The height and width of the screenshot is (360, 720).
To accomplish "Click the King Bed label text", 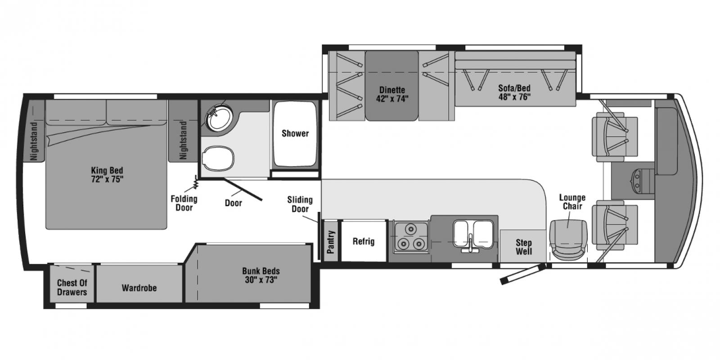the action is point(107,175).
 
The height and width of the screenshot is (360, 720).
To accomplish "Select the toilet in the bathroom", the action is point(218,158).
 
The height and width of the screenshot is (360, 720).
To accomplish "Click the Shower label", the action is point(295,133).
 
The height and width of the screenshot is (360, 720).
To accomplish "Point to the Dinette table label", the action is point(392,94).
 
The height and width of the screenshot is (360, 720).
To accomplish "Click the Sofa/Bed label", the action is point(514,92).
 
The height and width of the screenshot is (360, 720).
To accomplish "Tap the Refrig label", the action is point(364,241).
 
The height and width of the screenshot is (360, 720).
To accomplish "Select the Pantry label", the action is point(330,242).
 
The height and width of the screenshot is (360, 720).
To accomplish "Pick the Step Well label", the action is point(524,247).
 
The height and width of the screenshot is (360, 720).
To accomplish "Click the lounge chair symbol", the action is point(568,239).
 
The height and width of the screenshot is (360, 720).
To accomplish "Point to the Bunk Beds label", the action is point(261,275).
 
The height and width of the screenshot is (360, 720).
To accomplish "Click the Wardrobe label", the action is point(139,288).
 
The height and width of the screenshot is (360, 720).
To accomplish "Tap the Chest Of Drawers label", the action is point(72,288).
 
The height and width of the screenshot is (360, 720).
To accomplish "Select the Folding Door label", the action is point(184,203).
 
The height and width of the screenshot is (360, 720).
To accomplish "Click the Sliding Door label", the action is point(300,204).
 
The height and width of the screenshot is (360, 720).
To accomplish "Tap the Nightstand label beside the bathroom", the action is point(183,140).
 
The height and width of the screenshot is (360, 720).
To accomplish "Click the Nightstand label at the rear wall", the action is point(34,141).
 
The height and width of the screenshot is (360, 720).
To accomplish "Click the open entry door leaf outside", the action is point(523,274).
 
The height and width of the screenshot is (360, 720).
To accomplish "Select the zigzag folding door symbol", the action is point(196,183).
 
